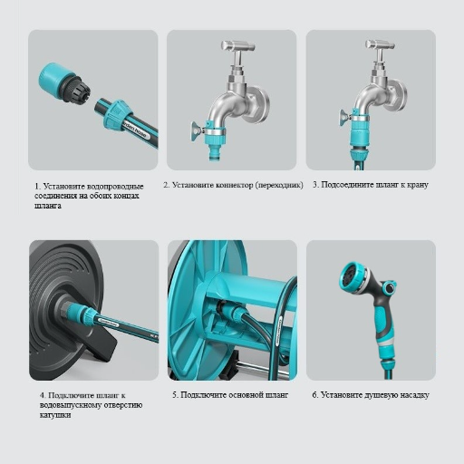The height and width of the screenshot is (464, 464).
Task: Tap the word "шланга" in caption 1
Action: [48, 206]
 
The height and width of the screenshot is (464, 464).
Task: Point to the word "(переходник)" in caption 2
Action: [279, 185]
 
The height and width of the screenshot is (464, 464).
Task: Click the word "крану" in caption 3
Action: [418, 185]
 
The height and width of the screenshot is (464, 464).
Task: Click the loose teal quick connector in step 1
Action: [64, 82]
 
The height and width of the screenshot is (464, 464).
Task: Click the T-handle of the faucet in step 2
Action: [237, 46]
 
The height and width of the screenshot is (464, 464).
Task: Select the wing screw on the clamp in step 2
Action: [196, 131]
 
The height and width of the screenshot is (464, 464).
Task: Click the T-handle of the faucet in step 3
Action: [380, 45]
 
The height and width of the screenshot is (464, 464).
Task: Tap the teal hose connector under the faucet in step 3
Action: [359, 142]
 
